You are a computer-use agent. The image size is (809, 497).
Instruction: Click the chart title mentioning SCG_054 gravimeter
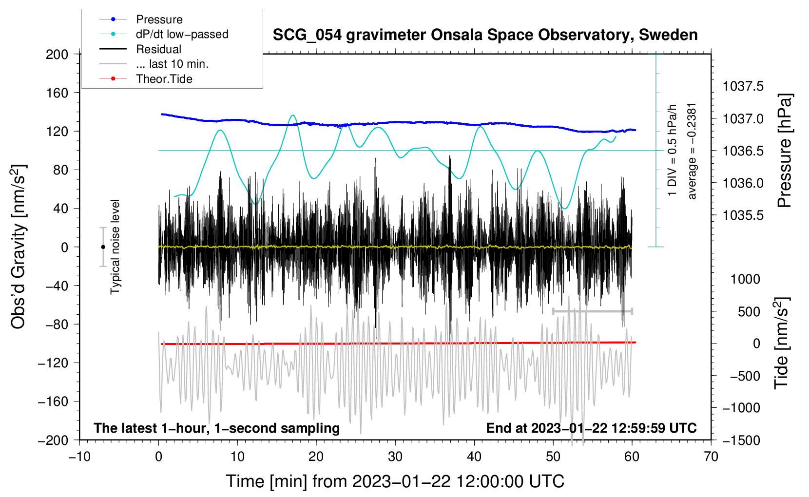click(x=485, y=35)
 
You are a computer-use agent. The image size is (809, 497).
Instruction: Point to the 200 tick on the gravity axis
click(x=57, y=55)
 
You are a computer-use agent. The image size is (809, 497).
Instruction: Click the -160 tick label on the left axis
click(x=53, y=401)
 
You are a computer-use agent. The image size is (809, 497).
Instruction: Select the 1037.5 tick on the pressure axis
click(x=743, y=86)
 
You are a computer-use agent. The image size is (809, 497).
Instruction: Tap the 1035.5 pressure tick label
click(x=743, y=215)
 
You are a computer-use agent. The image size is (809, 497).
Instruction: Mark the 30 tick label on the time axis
click(x=395, y=457)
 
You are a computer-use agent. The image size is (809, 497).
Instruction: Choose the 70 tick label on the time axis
click(x=711, y=457)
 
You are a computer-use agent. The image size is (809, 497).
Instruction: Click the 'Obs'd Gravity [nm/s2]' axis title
click(x=19, y=247)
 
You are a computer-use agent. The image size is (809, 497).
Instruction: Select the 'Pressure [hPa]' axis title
click(x=784, y=151)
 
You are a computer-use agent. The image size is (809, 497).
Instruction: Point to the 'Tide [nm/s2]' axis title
click(x=782, y=344)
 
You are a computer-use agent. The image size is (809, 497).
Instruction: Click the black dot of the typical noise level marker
click(x=103, y=247)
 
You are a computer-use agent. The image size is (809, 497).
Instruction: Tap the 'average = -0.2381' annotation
click(x=691, y=152)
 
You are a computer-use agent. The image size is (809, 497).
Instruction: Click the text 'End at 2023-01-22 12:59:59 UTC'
click(x=591, y=428)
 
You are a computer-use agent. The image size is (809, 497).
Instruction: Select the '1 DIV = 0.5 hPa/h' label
click(x=672, y=151)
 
